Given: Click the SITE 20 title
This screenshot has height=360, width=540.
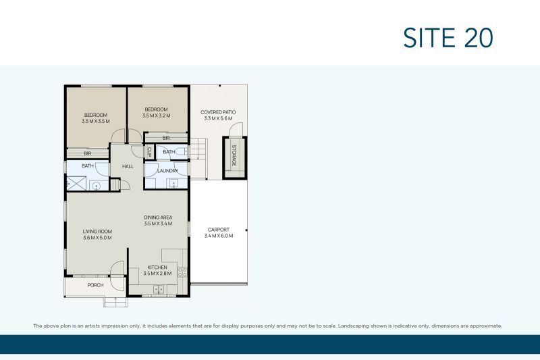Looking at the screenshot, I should [448, 38].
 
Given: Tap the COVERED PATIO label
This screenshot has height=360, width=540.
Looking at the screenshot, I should [218, 112].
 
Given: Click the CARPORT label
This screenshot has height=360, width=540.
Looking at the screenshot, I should [218, 230].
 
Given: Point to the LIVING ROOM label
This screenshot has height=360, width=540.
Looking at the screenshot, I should [97, 231].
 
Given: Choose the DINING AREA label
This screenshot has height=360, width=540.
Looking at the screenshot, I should [159, 217].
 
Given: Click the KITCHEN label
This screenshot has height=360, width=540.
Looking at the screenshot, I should [157, 267].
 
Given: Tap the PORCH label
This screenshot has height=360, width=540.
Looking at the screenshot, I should [96, 285].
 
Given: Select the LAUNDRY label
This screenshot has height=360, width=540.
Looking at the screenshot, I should [167, 171].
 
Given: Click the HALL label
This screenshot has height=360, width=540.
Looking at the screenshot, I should [128, 166].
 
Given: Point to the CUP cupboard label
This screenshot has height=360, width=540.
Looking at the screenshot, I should [148, 153].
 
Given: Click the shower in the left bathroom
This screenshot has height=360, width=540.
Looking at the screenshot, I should [73, 184].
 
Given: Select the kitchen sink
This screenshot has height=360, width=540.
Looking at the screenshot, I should [159, 289].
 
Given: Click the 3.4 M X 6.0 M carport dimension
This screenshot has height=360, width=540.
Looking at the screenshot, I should [218, 236].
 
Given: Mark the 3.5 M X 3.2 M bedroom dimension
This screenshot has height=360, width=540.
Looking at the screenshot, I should [156, 116].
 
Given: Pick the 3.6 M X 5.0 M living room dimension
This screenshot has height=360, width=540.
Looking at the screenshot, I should [97, 238].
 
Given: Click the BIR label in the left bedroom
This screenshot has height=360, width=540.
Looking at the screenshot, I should [87, 153].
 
